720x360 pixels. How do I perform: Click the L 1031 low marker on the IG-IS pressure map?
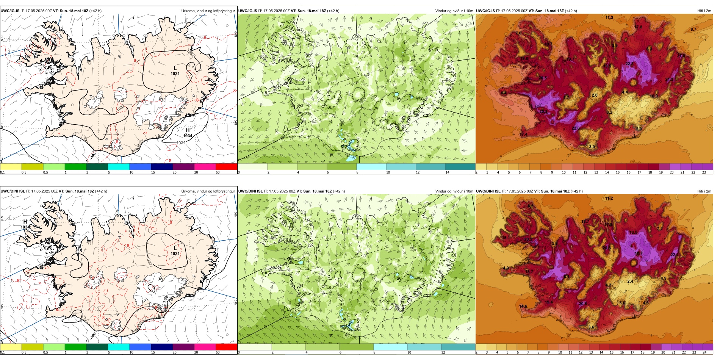175,71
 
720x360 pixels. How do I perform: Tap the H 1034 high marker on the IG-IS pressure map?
188,133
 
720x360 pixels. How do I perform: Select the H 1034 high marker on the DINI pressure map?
25,224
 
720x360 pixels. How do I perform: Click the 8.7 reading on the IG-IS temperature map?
693,29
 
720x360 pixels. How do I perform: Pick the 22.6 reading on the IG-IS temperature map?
575,128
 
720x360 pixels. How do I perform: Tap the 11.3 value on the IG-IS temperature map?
609,17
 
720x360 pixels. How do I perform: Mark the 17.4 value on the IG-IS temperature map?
523,134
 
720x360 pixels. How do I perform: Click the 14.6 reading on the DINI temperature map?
523,306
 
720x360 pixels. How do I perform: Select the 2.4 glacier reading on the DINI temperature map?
630,281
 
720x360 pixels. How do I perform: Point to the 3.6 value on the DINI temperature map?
591,327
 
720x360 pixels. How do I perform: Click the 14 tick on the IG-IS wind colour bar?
448,172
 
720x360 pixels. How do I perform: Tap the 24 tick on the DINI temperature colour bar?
704,352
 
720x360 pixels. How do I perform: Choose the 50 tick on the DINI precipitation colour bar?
218,352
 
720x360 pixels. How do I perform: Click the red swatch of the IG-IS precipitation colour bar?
226,166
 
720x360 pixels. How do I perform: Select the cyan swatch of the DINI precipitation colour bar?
119,347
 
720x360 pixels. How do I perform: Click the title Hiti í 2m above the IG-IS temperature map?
704,11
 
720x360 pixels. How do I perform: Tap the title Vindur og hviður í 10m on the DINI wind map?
454,191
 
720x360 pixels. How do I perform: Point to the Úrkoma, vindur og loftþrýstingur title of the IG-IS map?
208,11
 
